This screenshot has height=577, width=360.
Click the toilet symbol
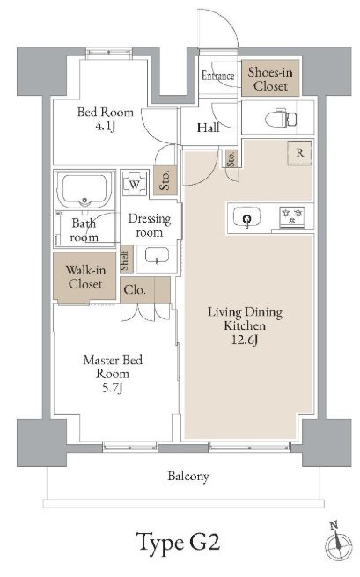pyautogui.click(x=282, y=118)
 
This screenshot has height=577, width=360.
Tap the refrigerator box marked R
pyautogui.click(x=300, y=153)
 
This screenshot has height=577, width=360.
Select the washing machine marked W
pyautogui.click(x=135, y=184)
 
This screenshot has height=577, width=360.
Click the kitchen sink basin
pyautogui.click(x=247, y=216)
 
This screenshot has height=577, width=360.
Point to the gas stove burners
pyautogui.click(x=292, y=216)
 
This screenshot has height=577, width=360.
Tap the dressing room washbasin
pyautogui.click(x=158, y=256)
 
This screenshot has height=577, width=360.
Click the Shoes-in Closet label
pyautogui.click(x=270, y=79)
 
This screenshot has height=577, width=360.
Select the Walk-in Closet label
pyautogui.click(x=85, y=277)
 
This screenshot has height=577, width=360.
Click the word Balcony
pyautogui.click(x=188, y=476)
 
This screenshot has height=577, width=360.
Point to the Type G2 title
pyautogui.click(x=179, y=543)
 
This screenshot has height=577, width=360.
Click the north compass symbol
pyautogui.click(x=338, y=544)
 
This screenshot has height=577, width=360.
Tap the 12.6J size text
pyautogui.click(x=245, y=340)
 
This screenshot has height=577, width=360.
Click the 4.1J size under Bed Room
pyautogui.click(x=106, y=127)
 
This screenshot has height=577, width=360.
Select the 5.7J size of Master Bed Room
pyautogui.click(x=113, y=388)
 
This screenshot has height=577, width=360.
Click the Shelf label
pyautogui.click(x=126, y=260)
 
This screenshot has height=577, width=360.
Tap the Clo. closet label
pyautogui.click(x=135, y=290)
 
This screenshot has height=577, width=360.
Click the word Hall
pyautogui.click(x=209, y=128)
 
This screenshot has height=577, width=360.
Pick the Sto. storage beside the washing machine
pyautogui.click(x=165, y=180)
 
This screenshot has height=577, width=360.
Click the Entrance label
pyautogui.click(x=218, y=76)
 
